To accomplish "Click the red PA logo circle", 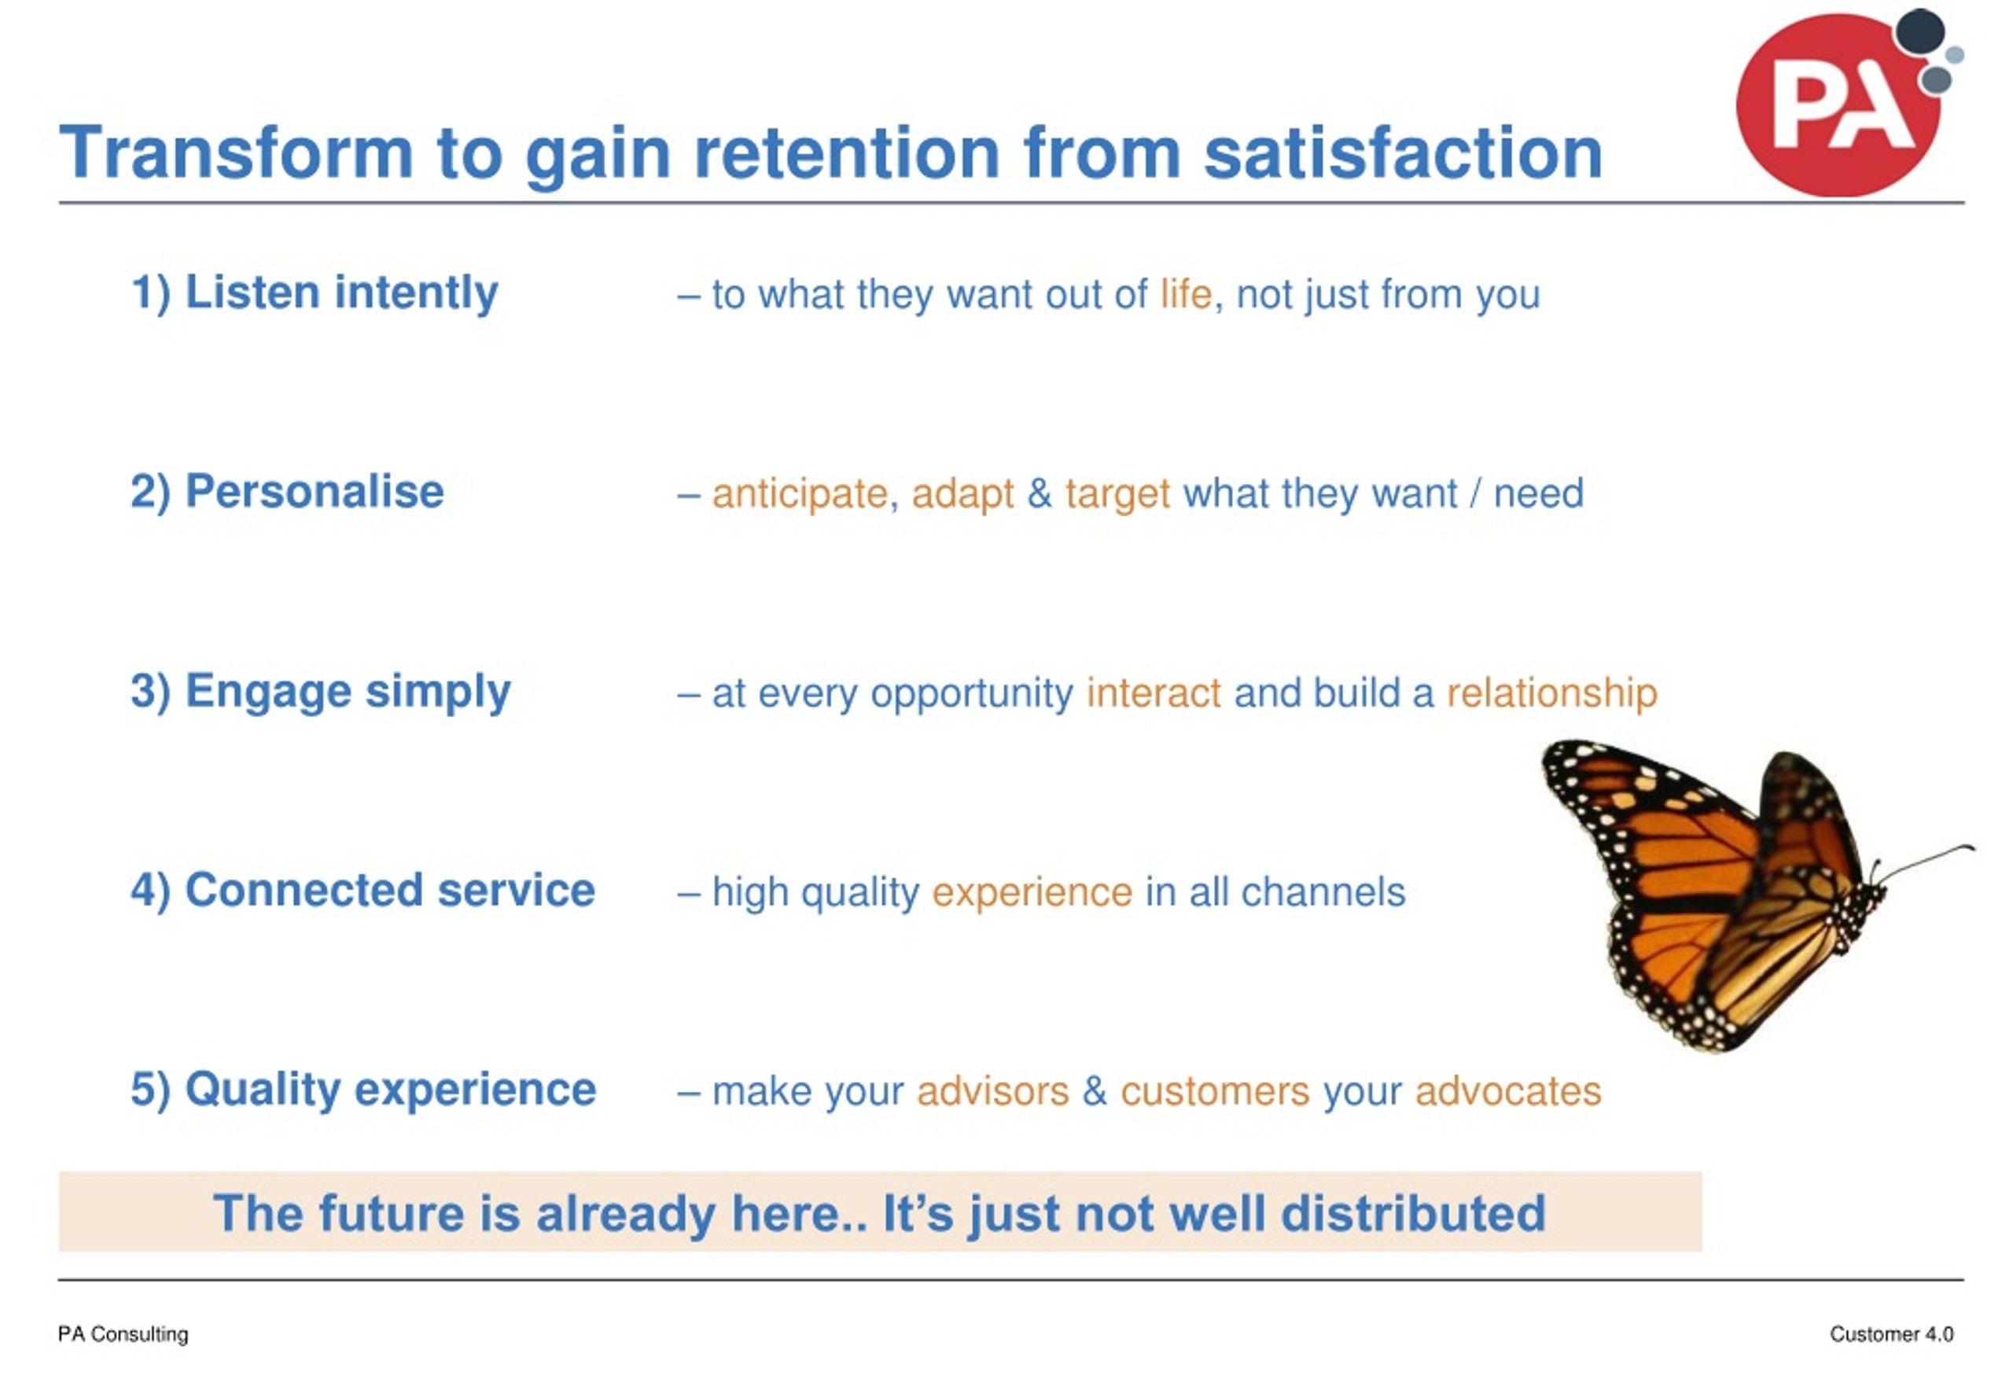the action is coord(1837,105).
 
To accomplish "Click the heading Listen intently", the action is coord(315,292).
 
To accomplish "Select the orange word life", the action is coord(1186,294).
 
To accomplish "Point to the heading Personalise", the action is coord(287,491).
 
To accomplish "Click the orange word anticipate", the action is coord(800,494).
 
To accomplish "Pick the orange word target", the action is coord(1117,494).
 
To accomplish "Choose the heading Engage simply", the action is coord(320,691).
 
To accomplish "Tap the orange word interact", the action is coord(1154,693).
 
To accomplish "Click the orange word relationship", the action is coord(1551,693).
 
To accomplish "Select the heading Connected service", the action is coord(362,890).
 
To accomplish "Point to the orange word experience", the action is coord(1032,893).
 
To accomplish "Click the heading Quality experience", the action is coord(363,1090).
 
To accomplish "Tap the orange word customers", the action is coord(1214,1092).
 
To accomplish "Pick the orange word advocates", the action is coord(1507,1092).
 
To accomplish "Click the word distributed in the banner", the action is coord(1412,1213).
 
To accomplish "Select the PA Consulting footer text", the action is coord(123,1335).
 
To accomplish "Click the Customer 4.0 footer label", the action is coord(1891,1335).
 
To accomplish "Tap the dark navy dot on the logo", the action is coord(1920,32).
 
